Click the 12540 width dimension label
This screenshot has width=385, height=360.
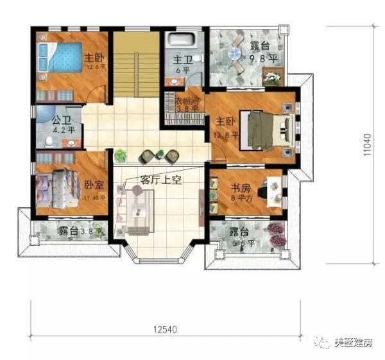point(166,330)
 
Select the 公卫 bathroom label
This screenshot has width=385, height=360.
point(62,120)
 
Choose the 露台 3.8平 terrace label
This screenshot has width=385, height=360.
point(72,231)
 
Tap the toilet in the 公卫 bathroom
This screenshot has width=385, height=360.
point(49,139)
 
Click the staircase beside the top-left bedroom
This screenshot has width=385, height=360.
point(135,64)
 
